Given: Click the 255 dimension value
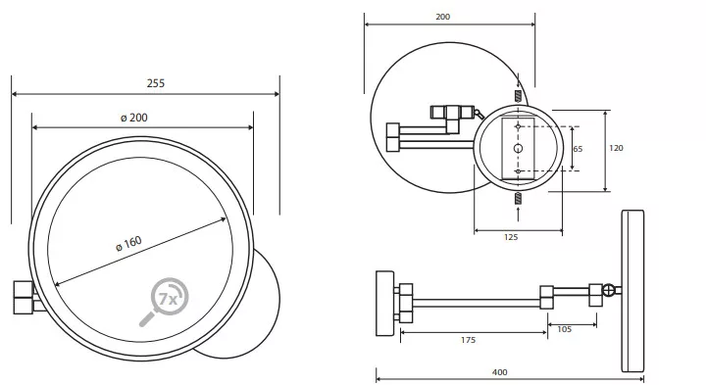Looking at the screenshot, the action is (x=156, y=83).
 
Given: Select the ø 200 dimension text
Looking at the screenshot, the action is (x=134, y=118).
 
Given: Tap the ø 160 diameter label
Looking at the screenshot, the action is (x=128, y=243).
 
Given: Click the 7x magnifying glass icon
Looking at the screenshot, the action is (x=164, y=302).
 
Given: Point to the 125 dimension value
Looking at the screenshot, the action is (x=511, y=237).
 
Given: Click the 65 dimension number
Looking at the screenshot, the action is (x=578, y=149).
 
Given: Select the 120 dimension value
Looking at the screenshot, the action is (x=616, y=148).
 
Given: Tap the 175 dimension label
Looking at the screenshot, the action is (x=469, y=340).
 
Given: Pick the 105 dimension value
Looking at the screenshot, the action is (x=564, y=329).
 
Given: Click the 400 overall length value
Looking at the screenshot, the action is (x=500, y=372).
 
